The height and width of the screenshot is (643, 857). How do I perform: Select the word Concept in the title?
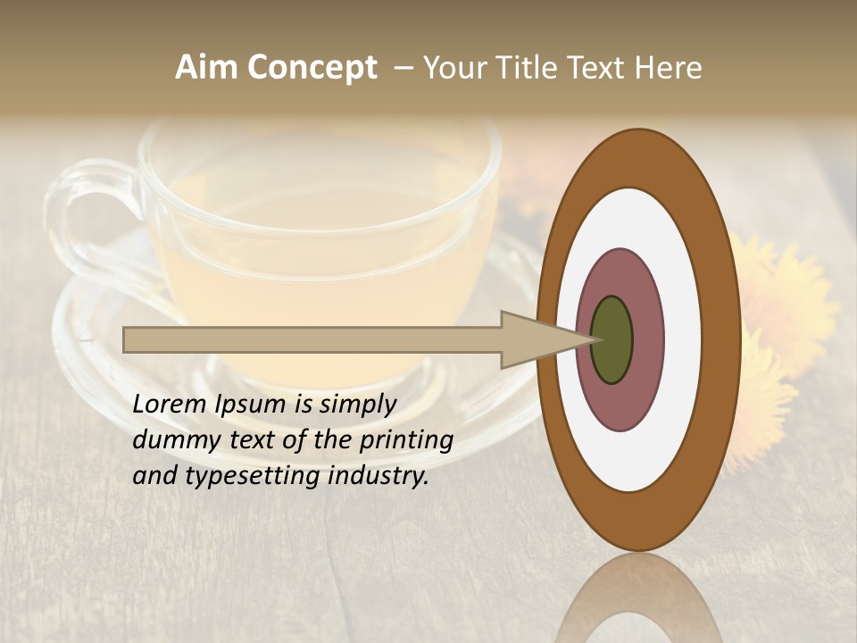click(x=312, y=68)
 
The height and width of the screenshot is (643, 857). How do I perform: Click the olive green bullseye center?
click(x=612, y=339)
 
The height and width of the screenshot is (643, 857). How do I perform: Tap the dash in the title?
click(x=403, y=68)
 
